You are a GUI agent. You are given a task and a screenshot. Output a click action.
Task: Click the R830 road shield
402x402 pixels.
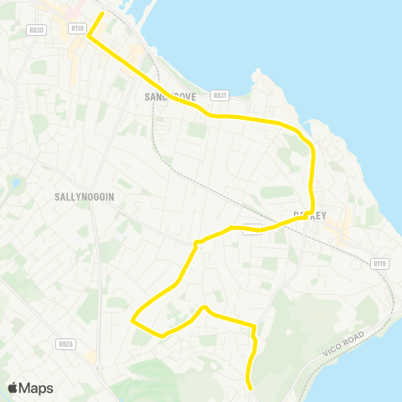pos(35,28)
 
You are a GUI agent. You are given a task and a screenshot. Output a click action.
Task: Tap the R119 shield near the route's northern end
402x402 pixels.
pos(78,28)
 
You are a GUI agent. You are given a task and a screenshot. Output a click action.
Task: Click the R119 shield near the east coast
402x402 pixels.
pos(379,264)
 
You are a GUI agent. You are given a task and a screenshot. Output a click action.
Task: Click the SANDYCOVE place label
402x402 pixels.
pos(170,97)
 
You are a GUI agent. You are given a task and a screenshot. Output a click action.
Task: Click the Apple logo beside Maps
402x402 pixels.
pos(13,388)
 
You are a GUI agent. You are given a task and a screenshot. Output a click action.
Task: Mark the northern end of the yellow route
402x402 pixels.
pos(102,13)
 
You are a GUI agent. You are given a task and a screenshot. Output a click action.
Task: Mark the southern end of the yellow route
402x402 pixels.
pos(250,387)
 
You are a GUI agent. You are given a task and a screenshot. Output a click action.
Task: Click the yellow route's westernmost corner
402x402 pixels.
pos(131,319)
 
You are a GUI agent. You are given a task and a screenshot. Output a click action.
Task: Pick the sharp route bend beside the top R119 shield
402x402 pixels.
pos(89,35)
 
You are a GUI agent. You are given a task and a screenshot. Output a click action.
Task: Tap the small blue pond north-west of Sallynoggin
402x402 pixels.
pos(14,183)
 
